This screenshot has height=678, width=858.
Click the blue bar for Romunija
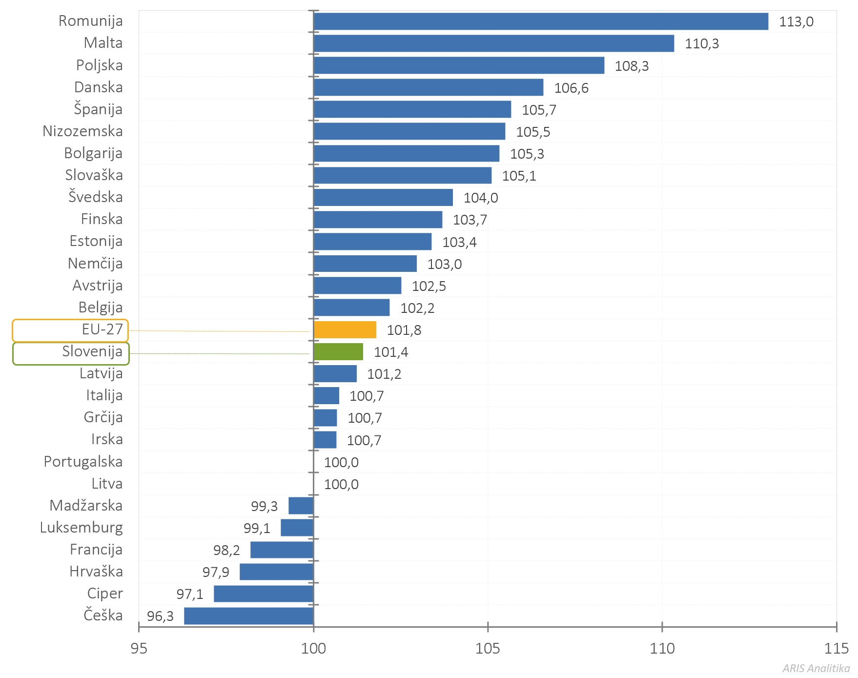pos(540,21)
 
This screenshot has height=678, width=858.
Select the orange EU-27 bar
pos(345,330)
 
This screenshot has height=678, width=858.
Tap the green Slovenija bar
pos(338,352)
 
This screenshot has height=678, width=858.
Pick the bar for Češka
pos(248,616)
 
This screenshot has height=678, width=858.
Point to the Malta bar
pos(493,43)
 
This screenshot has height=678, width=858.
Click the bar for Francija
pos(282,550)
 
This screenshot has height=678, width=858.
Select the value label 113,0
pos(796,22)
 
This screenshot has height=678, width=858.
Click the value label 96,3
pos(160,616)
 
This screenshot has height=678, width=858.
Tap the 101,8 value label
pos(404,330)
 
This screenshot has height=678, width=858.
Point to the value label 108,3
pos(632,66)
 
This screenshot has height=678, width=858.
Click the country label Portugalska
pos(83,462)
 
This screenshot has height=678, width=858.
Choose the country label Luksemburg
pos(81,528)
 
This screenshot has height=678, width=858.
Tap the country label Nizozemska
pos(82,131)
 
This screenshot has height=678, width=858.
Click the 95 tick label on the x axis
pos(139,649)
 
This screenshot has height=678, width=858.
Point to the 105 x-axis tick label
pos(488,649)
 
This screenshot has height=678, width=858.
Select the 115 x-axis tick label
pos(836,649)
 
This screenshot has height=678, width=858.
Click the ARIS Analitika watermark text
pos(816,668)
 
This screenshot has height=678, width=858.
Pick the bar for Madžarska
pos(301,506)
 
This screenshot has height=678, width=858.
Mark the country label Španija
pos(98,109)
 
